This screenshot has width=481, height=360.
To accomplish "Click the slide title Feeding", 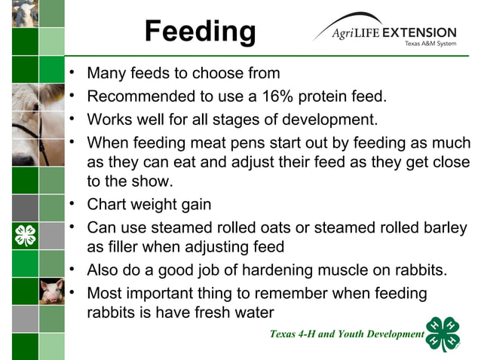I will point(200,32).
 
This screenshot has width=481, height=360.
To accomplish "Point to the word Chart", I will point(108,205).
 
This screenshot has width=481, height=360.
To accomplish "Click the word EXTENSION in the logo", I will point(419,33).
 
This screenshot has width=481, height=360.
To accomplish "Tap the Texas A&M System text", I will point(430,44).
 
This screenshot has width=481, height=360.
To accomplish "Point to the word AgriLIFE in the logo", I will point(354,34).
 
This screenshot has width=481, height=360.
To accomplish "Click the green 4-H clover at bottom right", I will point(443,334).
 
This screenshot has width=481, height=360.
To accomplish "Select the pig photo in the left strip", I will point(51,290).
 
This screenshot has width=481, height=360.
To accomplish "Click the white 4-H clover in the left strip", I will point(25,235).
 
